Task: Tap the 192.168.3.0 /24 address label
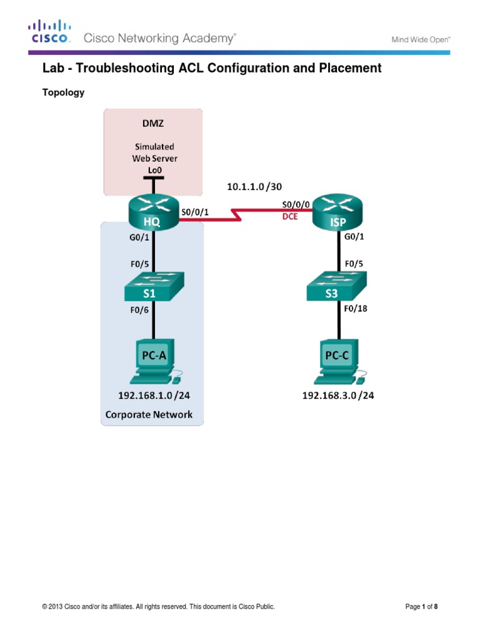point(338,396)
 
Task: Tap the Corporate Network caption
point(149,414)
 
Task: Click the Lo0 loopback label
point(152,169)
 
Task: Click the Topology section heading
point(63,92)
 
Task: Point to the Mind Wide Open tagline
point(421,39)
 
